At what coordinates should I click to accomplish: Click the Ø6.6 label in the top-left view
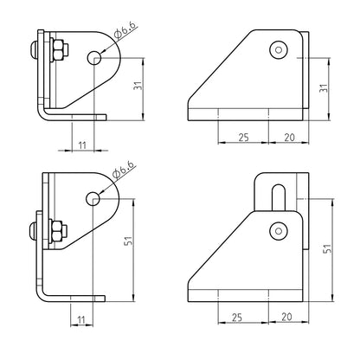click(x=125, y=30)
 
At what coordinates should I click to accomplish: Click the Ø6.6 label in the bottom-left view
click(x=124, y=170)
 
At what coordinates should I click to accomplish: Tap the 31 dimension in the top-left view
click(x=138, y=86)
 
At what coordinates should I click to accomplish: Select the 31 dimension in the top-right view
click(x=324, y=88)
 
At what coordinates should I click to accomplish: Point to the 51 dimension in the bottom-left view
click(x=128, y=241)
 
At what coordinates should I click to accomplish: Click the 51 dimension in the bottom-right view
click(x=327, y=248)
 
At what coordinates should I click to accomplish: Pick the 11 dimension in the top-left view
click(x=82, y=145)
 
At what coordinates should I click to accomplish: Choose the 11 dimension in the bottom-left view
click(x=81, y=319)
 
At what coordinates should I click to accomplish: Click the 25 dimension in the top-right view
click(x=243, y=138)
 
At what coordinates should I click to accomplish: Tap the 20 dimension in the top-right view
click(x=289, y=138)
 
